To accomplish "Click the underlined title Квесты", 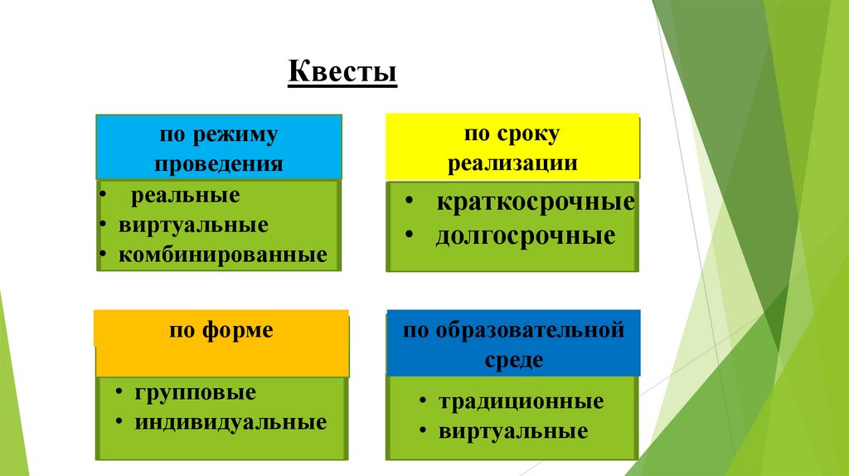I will (342, 71).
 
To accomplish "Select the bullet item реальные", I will (185, 197).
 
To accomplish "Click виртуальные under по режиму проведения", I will (193, 226).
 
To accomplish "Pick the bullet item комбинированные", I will (222, 255).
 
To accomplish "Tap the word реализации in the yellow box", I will (512, 163).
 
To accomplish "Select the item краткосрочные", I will (536, 202).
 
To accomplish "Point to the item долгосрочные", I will (526, 236).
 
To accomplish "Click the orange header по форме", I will (221, 331).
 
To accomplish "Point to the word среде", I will (514, 360).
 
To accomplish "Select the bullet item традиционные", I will (521, 402).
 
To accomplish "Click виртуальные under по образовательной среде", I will (513, 431).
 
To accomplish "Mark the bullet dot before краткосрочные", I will (410, 202).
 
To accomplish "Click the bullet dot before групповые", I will (119, 391).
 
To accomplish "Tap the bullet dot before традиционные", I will (422, 402).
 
